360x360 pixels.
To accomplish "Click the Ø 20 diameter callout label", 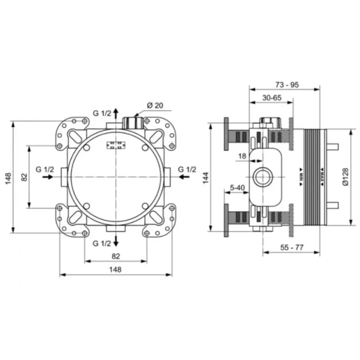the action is point(155,105).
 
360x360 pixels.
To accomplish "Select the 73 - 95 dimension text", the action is point(287,85).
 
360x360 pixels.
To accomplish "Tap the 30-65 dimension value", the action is point(272,98).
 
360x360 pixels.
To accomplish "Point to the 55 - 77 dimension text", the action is point(292,247).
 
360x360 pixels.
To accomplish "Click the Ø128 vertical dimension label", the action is point(345,177).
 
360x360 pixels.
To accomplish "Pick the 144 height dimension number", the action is point(206,177).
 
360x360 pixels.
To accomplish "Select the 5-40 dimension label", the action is point(238,188).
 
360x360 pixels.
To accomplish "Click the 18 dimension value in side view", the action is point(242,156).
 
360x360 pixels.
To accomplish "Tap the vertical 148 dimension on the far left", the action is point(8,178).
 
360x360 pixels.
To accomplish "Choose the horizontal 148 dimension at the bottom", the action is point(115,269).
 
